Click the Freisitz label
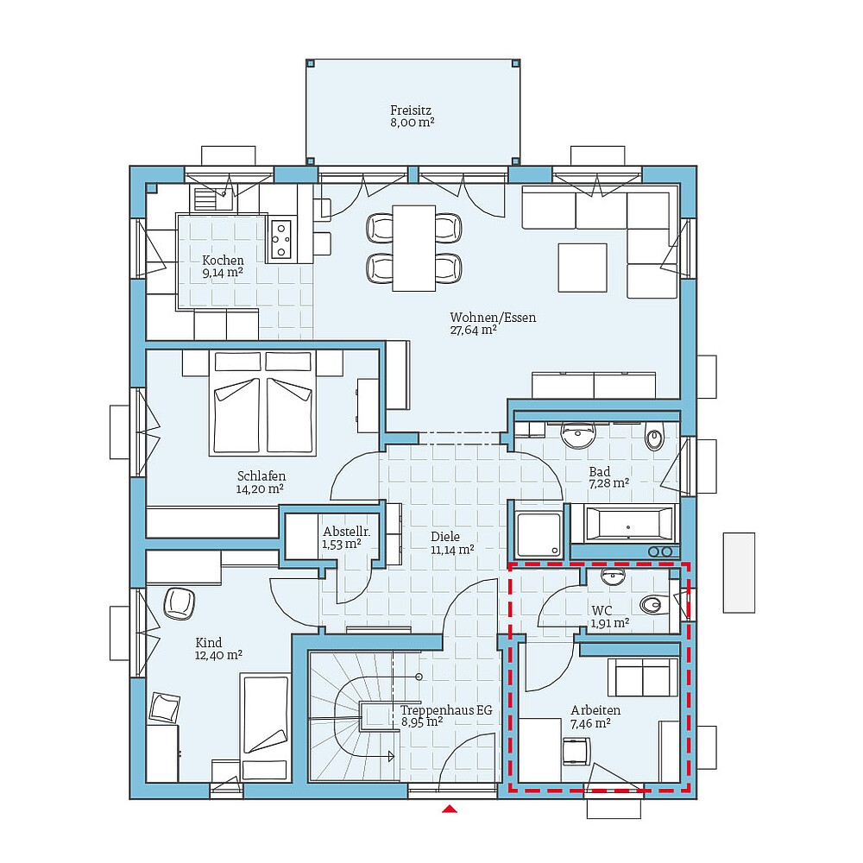pyautogui.click(x=411, y=110)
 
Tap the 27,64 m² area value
pyautogui.click(x=473, y=330)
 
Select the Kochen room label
pyautogui.click(x=223, y=261)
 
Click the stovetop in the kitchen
pyautogui.click(x=281, y=240)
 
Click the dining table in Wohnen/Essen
pyautogui.click(x=413, y=248)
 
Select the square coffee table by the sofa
pyautogui.click(x=583, y=268)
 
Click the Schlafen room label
pyautogui.click(x=261, y=476)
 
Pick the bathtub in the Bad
pyautogui.click(x=628, y=524)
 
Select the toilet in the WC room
pyautogui.click(x=655, y=604)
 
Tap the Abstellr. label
pyautogui.click(x=341, y=532)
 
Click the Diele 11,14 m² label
pyautogui.click(x=452, y=542)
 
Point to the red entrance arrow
pyautogui.click(x=449, y=809)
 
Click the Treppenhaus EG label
pyautogui.click(x=445, y=710)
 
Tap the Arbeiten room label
pyautogui.click(x=595, y=710)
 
